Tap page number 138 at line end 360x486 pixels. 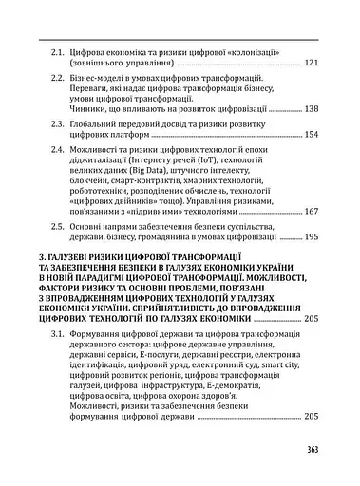point(310,109)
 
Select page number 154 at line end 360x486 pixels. point(310,136)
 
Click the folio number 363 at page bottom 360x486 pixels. point(309,451)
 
